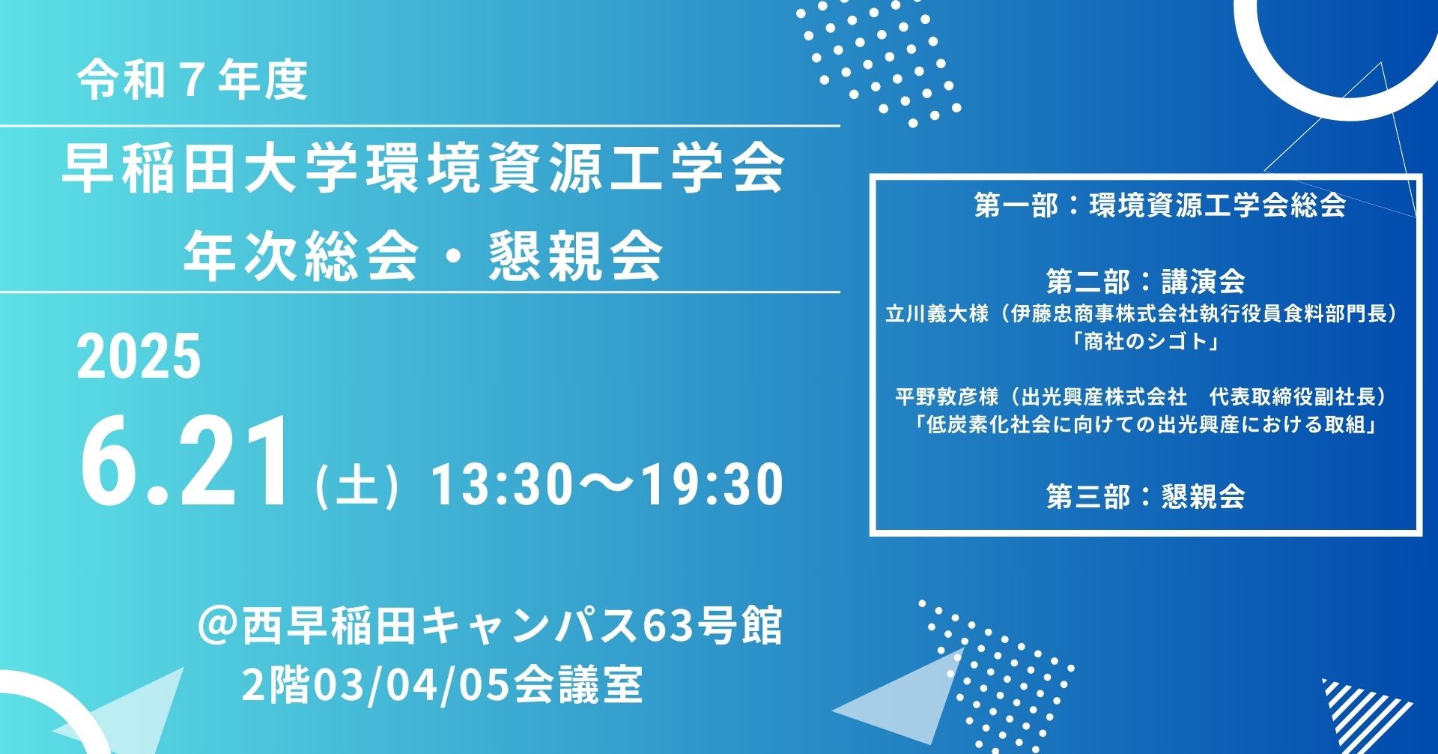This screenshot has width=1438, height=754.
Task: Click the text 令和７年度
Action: (192, 80)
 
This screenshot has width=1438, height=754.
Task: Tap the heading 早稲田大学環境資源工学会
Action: (423, 169)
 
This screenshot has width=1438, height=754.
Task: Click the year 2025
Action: (139, 356)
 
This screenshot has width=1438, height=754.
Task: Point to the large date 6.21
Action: (184, 462)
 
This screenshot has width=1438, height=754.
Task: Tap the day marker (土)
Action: (357, 485)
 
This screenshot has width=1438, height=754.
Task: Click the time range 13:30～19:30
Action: (607, 484)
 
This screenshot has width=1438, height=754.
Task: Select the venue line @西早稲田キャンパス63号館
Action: (491, 626)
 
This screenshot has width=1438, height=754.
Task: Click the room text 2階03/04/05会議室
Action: (442, 684)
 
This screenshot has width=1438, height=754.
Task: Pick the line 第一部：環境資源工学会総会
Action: (1160, 205)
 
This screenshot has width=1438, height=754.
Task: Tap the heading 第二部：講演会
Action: (1146, 281)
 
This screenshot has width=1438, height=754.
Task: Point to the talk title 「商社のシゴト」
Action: (1146, 342)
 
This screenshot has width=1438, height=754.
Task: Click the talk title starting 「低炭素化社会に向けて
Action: (1146, 425)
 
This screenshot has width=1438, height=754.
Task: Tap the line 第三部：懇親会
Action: (1146, 496)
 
